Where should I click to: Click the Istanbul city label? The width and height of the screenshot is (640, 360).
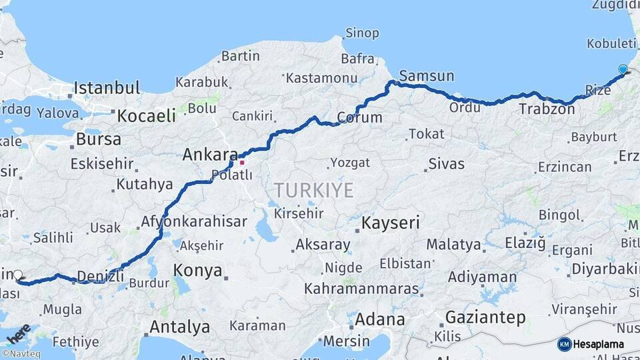coord(107,87)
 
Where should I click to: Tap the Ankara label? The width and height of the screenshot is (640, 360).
coord(206,155)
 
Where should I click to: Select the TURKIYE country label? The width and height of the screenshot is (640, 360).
coord(313,191)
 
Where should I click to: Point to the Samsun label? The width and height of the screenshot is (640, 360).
coord(427,75)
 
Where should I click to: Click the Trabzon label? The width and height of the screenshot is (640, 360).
coord(546,109)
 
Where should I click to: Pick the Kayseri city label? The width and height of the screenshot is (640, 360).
coord(391,223)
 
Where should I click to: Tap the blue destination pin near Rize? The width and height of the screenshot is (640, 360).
coord(623,69)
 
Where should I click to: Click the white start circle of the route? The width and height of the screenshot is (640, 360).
coord(18,275)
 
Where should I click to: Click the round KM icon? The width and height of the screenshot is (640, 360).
coord(564,344)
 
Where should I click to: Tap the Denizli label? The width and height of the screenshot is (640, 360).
coord(101,275)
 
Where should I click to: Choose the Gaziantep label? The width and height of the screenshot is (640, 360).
coord(485,317)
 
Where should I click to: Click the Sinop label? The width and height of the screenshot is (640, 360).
coord(362,33)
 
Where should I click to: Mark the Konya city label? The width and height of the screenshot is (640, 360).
coord(197,270)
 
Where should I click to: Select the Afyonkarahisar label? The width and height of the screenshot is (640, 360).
coord(194,222)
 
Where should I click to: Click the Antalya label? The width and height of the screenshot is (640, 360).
coord(179,327)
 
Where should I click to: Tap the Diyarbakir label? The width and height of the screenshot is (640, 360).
coord(604,269)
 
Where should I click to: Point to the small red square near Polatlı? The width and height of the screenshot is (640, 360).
coord(242,162)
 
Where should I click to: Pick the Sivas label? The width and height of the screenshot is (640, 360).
coord(446,163)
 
